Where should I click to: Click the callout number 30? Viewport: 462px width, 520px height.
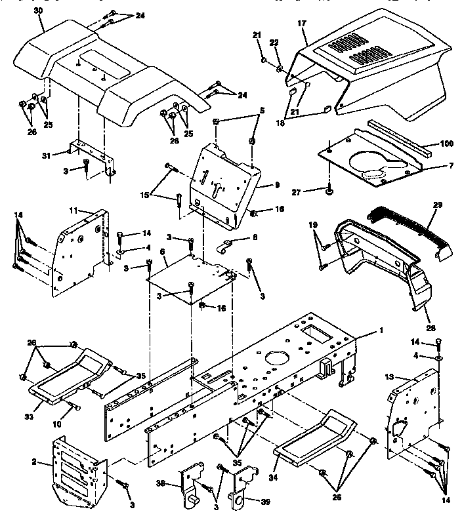(38, 11)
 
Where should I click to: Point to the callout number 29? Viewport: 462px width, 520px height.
(437, 205)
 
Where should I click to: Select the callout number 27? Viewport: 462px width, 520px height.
(314, 192)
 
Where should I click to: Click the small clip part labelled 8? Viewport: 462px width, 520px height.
(225, 247)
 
